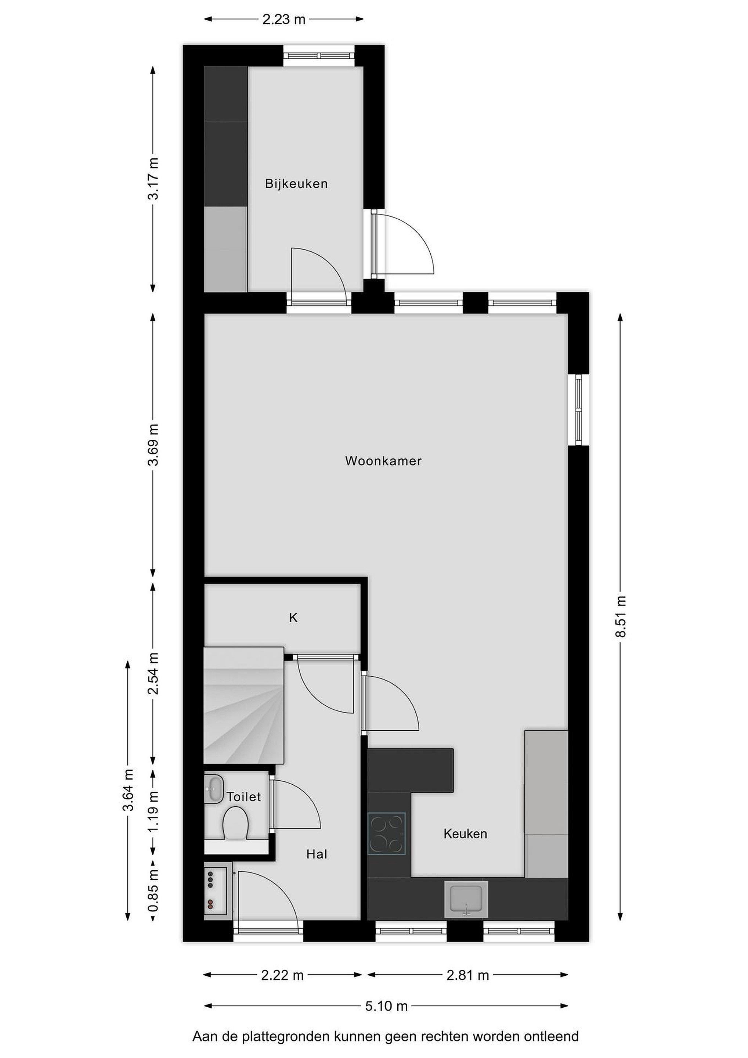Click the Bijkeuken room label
296,184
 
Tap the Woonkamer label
383,461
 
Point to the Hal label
317,854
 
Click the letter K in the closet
293,618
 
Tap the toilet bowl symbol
236,825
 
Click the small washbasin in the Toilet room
214,789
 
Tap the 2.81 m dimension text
467,975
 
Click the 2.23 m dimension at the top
284,19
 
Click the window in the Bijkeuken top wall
319,56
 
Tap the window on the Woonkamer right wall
578,410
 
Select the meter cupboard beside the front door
216,893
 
